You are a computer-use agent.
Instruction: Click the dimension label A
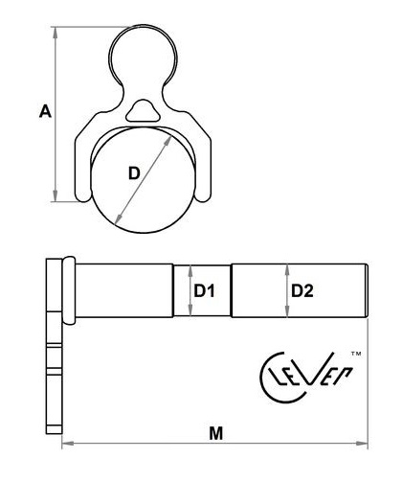tap(45, 111)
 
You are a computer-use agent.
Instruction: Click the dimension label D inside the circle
tap(134, 173)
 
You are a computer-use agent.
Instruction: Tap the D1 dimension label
tap(204, 290)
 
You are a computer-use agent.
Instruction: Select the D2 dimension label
tap(302, 290)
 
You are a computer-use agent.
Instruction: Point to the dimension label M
tap(216, 433)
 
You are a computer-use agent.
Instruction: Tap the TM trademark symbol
tap(356, 354)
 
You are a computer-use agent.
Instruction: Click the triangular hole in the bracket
tap(143, 111)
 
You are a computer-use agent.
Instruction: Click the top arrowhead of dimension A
tap(56, 32)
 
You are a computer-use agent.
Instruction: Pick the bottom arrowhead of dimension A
tap(56, 195)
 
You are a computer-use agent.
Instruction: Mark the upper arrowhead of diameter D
tap(168, 141)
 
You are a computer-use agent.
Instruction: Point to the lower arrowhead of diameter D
tap(119, 218)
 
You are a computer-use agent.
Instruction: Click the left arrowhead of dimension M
tap(68, 443)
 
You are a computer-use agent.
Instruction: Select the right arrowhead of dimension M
tap(362, 443)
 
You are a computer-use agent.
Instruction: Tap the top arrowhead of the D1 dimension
tap(190, 270)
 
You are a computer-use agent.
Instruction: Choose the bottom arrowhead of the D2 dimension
tap(287, 310)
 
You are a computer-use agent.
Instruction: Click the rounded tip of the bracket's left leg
tap(83, 197)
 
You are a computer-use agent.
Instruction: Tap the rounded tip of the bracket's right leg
tap(203, 197)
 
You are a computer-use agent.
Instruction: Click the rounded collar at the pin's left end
tap(69, 290)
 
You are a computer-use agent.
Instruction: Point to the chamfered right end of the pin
tap(367, 290)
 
